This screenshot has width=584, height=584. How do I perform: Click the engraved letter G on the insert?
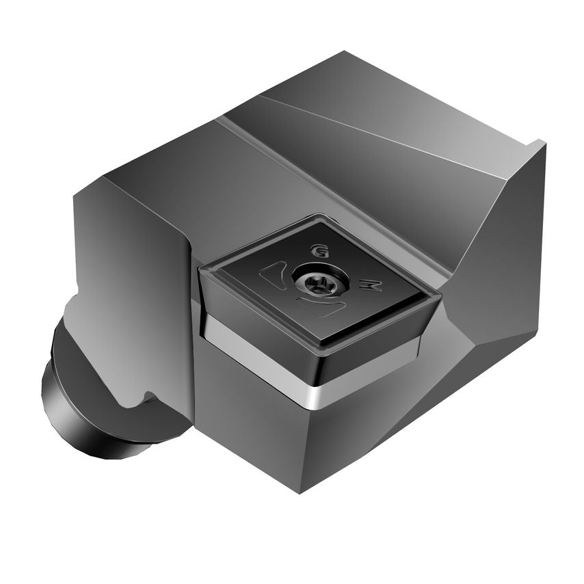click(317, 250)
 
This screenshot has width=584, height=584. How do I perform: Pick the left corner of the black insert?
click(200, 271)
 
